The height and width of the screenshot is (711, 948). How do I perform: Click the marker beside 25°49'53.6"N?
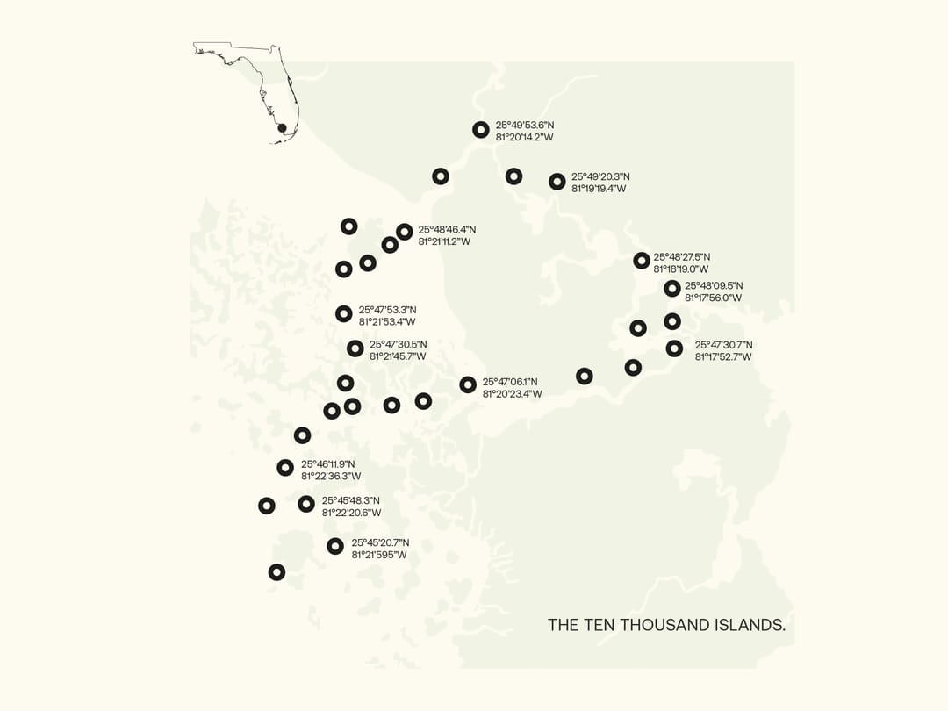pos(480,130)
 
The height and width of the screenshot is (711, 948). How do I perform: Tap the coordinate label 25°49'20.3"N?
pos(600,176)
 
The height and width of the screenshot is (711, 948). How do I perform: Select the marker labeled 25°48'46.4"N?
pos(404,232)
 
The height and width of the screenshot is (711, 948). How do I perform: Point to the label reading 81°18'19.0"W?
pos(680,269)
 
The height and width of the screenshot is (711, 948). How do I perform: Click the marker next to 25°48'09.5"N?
pos(671,289)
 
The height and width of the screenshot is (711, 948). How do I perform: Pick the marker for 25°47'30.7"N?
pos(674,348)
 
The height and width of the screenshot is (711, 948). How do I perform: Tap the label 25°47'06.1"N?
pos(510,382)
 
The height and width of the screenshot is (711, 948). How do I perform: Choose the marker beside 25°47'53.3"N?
pos(344,314)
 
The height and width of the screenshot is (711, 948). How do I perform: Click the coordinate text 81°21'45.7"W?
pos(398,356)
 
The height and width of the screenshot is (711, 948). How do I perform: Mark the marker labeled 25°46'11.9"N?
pos(285,468)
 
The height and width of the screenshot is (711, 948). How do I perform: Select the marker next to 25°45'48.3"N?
pos(306,504)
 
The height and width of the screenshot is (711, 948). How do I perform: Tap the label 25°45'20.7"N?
pos(380,542)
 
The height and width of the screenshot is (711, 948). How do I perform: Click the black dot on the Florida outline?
pos(282,128)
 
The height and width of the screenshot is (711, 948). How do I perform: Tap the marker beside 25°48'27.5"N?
pos(642,261)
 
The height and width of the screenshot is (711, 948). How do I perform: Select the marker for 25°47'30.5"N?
pos(355,348)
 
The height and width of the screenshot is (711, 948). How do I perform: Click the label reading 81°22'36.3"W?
pos(331,476)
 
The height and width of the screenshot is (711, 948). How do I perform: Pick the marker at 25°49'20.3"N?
pos(557,182)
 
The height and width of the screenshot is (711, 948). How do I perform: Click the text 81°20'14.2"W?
pos(524,137)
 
